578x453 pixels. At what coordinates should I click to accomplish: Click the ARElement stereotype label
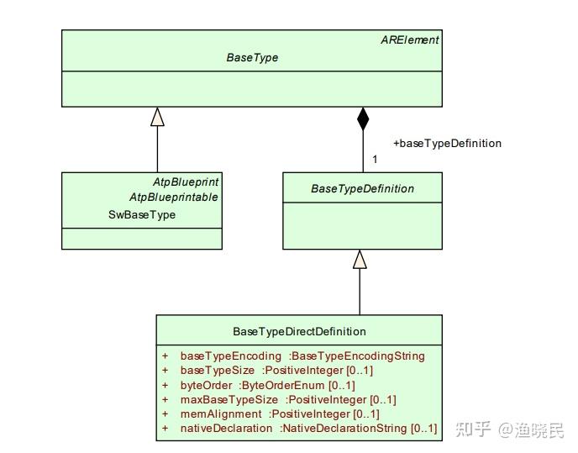pyautogui.click(x=410, y=40)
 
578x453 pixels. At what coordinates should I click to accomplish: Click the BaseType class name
pyautogui.click(x=252, y=58)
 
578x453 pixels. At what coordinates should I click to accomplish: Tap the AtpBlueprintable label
pyautogui.click(x=173, y=197)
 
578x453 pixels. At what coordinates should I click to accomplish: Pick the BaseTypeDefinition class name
pyautogui.click(x=362, y=188)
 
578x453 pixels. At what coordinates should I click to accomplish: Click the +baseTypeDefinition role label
pyautogui.click(x=447, y=143)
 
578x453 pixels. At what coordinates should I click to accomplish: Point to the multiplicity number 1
pyautogui.click(x=375, y=159)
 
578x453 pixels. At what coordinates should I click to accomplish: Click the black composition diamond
pyautogui.click(x=363, y=119)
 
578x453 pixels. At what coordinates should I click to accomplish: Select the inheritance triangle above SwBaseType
pyautogui.click(x=157, y=117)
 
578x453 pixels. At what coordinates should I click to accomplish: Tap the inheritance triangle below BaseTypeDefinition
pyautogui.click(x=360, y=259)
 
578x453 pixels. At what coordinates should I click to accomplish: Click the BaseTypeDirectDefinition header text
pyautogui.click(x=299, y=331)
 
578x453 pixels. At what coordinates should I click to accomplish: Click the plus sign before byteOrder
pyautogui.click(x=166, y=385)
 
